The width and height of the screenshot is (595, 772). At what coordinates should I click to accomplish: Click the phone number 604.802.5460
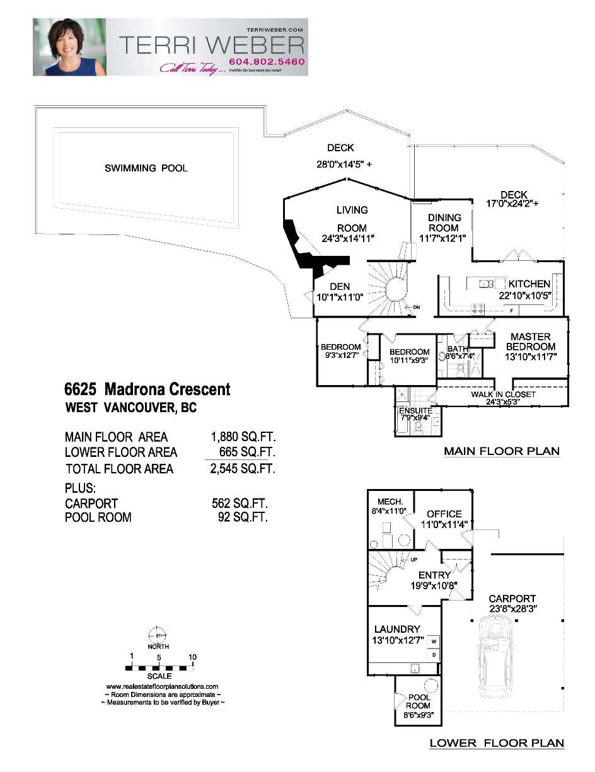click(x=267, y=62)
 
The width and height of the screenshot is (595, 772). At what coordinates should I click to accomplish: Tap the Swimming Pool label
click(x=146, y=168)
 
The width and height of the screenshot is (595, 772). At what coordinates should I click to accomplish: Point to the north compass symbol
click(x=157, y=634)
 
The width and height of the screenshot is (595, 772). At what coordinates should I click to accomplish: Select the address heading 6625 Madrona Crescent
click(x=147, y=389)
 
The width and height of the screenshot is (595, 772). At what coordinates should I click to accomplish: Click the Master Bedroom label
click(x=531, y=342)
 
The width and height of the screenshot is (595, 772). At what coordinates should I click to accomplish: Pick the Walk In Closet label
click(x=503, y=395)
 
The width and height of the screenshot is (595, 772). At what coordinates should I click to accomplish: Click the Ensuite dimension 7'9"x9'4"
click(x=416, y=418)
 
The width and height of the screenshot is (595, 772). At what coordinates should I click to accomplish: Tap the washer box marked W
click(x=434, y=642)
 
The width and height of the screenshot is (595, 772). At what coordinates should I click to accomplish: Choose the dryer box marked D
click(x=434, y=655)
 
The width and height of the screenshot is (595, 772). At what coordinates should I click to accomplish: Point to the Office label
click(x=444, y=514)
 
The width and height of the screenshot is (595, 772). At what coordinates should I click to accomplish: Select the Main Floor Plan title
click(x=501, y=451)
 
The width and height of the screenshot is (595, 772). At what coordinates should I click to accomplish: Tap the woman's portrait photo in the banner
click(x=69, y=47)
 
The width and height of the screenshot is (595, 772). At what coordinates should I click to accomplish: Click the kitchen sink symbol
click(x=487, y=284)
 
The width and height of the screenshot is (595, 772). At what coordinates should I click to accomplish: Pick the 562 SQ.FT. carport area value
click(x=240, y=504)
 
